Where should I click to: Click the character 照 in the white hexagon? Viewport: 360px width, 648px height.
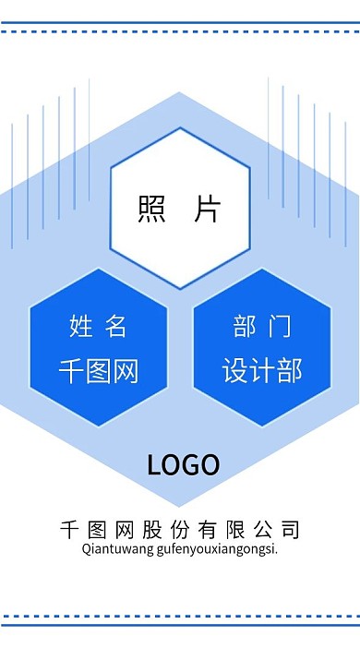(151, 209)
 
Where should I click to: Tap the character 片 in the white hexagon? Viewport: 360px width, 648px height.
(208, 209)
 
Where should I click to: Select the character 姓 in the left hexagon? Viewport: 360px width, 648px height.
(81, 325)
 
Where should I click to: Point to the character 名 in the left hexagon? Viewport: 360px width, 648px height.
(115, 325)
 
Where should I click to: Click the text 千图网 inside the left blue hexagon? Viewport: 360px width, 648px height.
(98, 371)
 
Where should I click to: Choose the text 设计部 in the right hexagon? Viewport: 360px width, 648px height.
(262, 371)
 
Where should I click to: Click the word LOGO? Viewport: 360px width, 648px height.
(183, 464)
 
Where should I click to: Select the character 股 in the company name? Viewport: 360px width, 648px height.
(152, 530)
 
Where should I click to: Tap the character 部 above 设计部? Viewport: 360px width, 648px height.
(245, 325)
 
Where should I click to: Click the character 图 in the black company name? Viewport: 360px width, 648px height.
(97, 530)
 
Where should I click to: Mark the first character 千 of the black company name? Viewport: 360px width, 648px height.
(69, 530)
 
